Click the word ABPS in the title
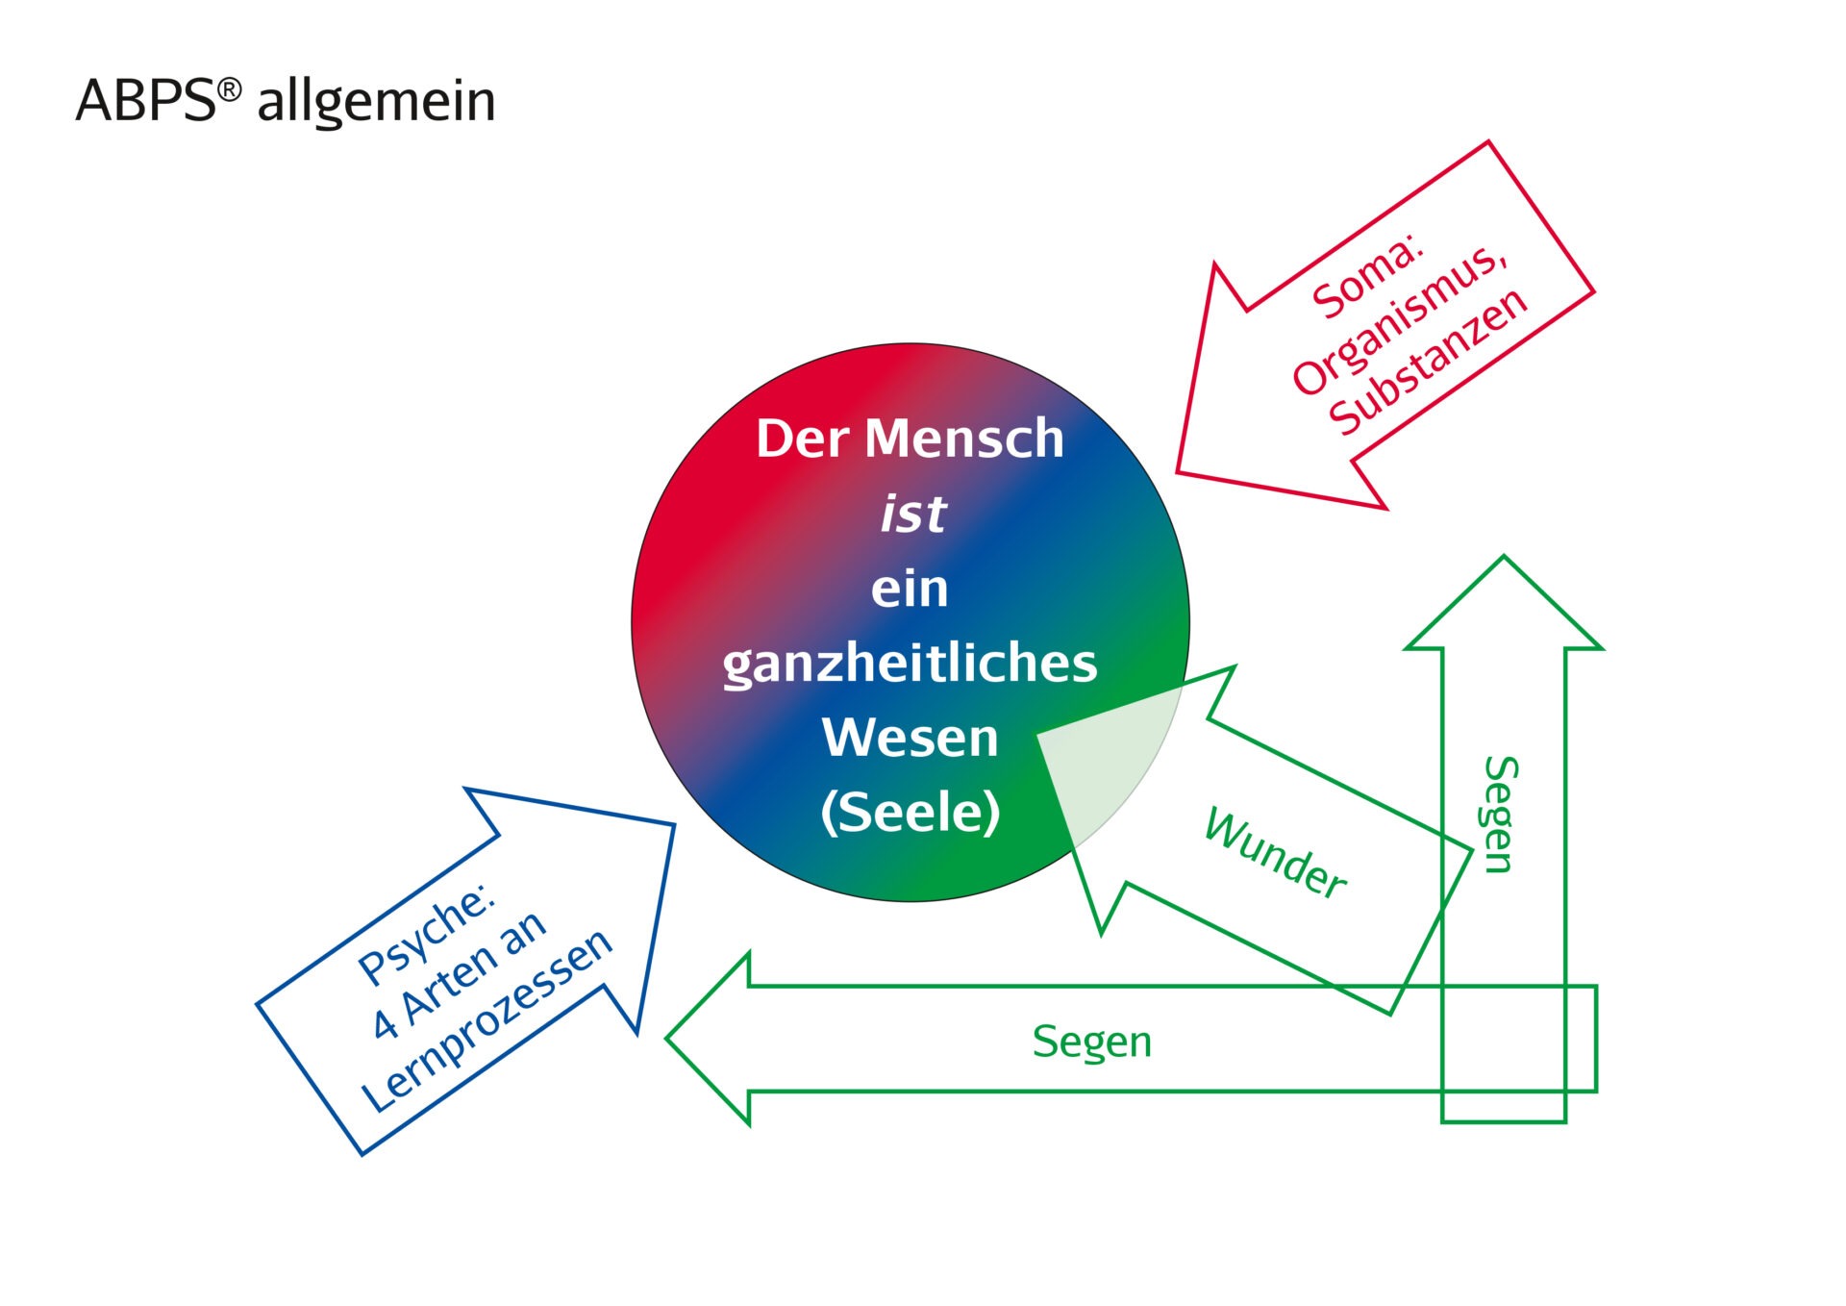146,100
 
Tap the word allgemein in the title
376,102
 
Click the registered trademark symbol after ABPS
229,89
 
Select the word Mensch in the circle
964,439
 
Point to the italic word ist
913,514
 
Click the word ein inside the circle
910,589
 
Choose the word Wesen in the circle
910,738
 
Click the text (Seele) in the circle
911,813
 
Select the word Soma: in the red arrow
1366,279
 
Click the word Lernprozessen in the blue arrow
486,1020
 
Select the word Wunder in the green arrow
1275,853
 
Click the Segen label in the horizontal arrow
1092,1042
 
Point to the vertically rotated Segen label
1499,815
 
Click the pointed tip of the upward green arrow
1504,557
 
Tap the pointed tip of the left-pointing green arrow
667,1038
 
